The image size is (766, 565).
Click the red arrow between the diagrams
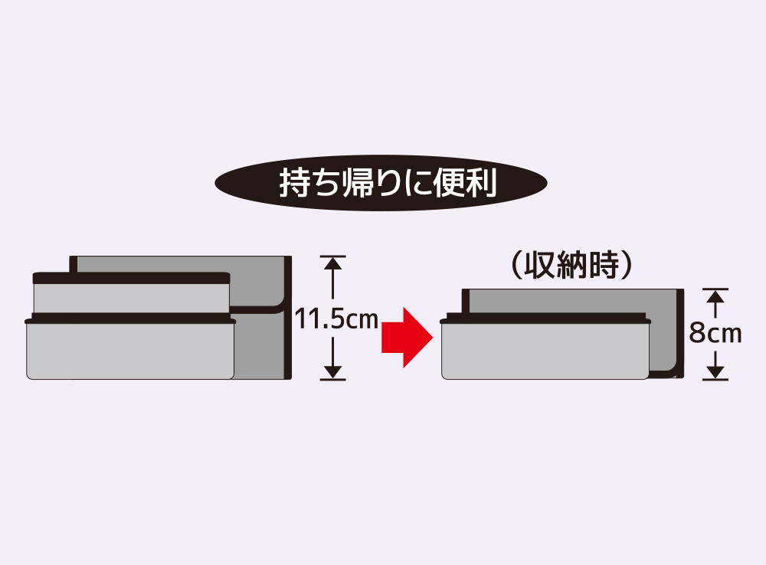point(407,337)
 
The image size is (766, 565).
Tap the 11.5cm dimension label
point(336,319)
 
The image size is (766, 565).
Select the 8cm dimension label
point(715,333)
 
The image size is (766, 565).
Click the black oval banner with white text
point(381,183)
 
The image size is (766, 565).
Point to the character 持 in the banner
point(294,183)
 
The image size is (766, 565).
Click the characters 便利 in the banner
point(465,183)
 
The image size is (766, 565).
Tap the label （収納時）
point(571,265)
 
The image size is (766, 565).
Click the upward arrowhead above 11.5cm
point(332,263)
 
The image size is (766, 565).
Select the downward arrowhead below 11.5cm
point(332,372)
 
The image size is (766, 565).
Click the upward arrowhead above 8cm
point(715,296)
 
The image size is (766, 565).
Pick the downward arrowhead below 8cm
point(715,372)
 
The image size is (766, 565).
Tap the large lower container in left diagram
point(130,348)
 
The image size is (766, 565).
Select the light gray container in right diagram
point(545,348)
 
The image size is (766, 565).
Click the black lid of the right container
point(545,319)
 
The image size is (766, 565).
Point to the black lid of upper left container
point(132,278)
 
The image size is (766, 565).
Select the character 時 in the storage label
point(602,265)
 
